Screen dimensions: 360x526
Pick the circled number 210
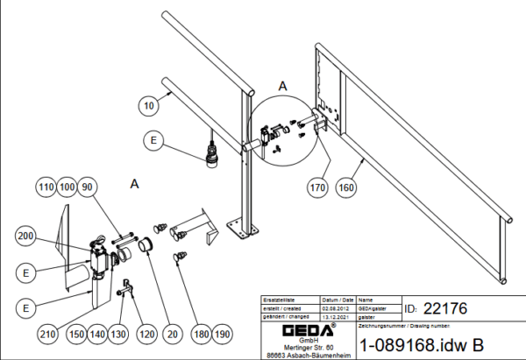tap(48, 333)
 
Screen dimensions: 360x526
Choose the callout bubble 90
tap(89, 187)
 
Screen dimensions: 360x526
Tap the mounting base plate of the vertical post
tap(243, 227)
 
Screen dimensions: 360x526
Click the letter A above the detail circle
tap(282, 86)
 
